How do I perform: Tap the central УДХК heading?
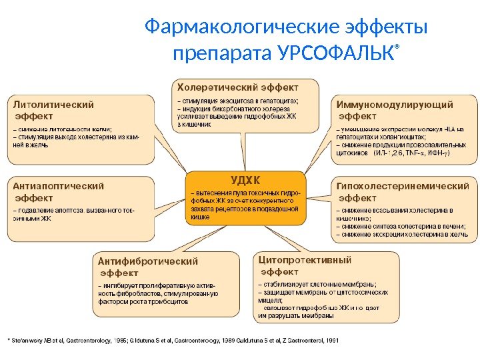tap(245, 180)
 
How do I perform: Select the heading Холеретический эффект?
tap(237, 87)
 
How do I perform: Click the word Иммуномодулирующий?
tap(395, 105)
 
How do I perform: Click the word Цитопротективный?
tap(305, 259)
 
